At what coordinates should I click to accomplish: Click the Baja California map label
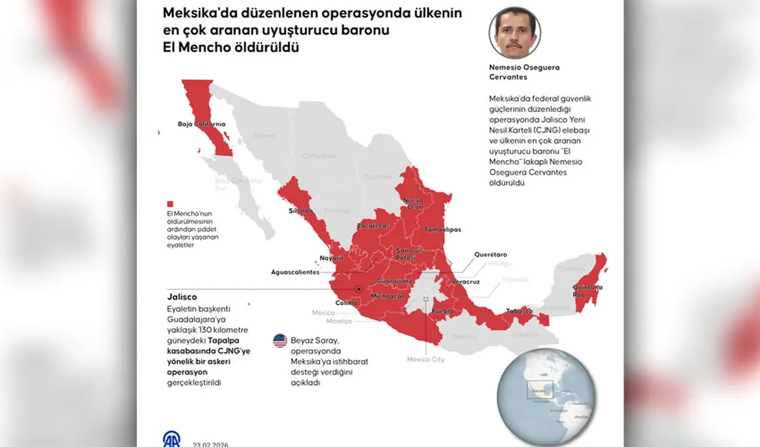[201, 124]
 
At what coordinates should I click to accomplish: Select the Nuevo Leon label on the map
[413, 204]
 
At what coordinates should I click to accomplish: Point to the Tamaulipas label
[442, 229]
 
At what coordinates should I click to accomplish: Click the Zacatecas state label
[373, 226]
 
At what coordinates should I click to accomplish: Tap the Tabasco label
[518, 310]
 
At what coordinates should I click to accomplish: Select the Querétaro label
[490, 254]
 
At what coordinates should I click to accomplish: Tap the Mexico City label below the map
[425, 359]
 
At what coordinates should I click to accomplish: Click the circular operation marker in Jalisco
[359, 289]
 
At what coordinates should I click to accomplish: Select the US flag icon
[280, 341]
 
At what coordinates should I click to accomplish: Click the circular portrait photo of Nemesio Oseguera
[515, 32]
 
